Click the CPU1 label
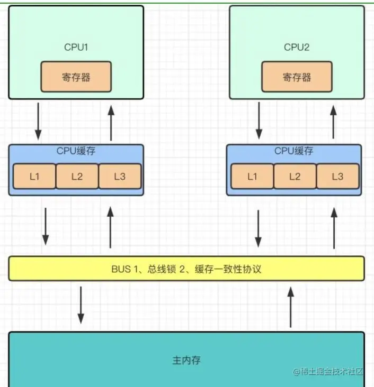(x=76, y=47)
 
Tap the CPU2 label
(x=296, y=47)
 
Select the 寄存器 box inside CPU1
(x=76, y=77)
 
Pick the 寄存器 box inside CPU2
(x=297, y=77)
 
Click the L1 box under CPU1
(x=34, y=176)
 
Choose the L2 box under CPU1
(x=77, y=176)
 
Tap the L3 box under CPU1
(x=120, y=176)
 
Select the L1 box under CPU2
(x=252, y=176)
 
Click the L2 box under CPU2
(x=295, y=176)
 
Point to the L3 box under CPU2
(x=337, y=176)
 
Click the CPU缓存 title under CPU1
(x=76, y=151)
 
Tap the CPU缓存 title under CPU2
(x=293, y=151)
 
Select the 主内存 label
(x=186, y=361)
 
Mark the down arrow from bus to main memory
(x=81, y=305)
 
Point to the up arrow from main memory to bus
(x=291, y=305)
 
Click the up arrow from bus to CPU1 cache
(x=110, y=227)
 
